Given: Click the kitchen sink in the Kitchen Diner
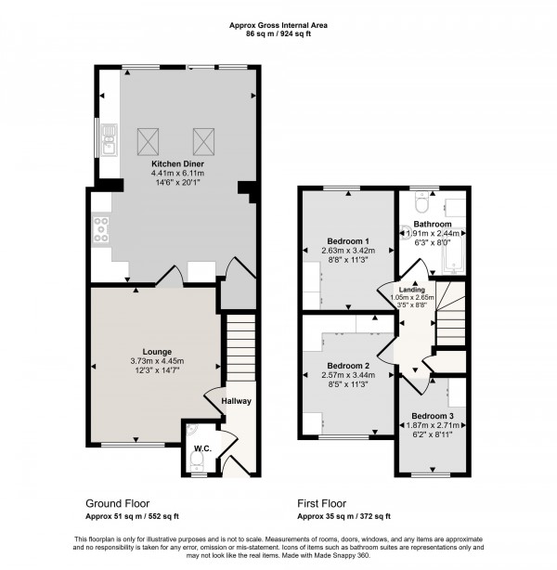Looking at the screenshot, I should click(x=109, y=142).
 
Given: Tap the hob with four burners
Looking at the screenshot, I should click(x=100, y=228).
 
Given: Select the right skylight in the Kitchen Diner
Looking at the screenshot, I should click(x=204, y=141).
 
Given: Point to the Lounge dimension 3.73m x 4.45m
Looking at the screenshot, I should click(x=156, y=361).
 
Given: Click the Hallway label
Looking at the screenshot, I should click(x=237, y=401).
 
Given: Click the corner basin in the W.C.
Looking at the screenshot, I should click(x=192, y=430).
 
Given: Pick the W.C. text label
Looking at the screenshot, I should click(x=203, y=450).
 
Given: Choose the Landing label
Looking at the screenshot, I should click(x=400, y=289).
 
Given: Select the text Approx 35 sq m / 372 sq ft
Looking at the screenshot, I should click(x=343, y=515).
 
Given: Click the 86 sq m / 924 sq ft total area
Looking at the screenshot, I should click(x=278, y=33).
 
